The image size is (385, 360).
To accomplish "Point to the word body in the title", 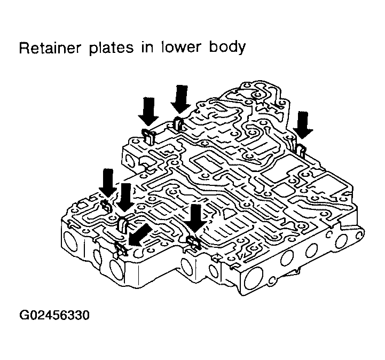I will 226,49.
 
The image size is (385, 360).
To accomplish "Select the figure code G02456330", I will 54,314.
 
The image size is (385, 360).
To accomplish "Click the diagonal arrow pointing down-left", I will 140,236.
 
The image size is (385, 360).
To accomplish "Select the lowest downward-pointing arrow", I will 196,218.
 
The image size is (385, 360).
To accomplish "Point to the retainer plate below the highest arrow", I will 179,125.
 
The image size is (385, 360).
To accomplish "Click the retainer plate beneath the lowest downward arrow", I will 193,245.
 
